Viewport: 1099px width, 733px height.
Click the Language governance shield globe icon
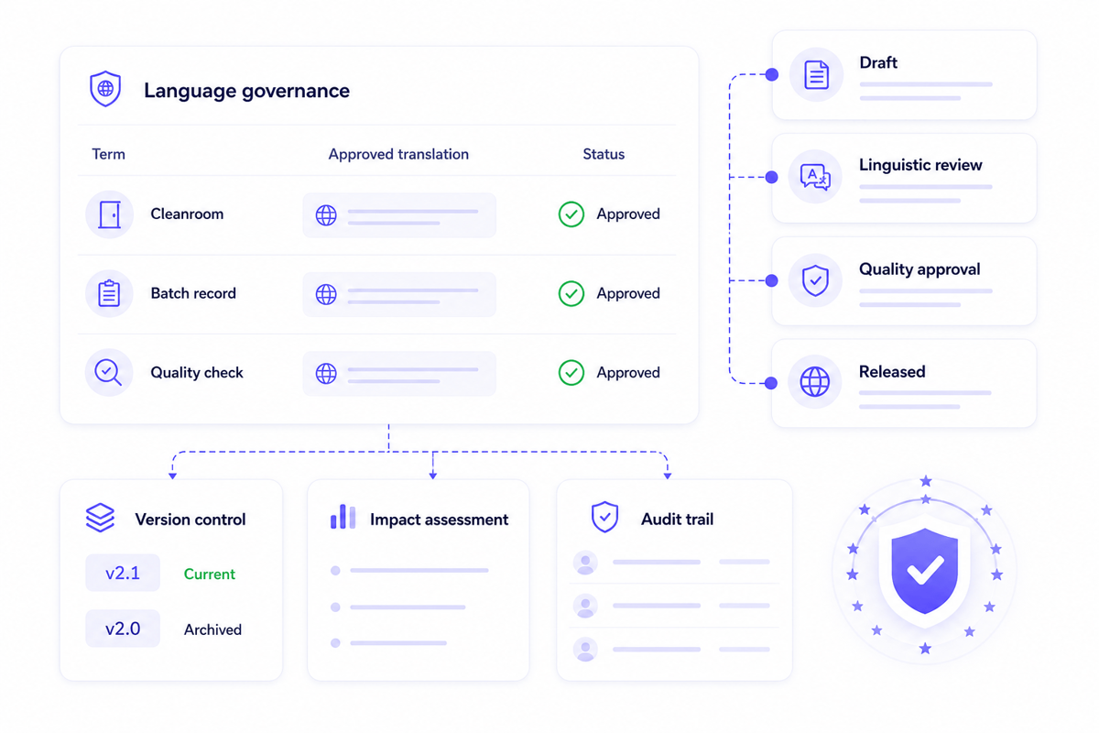(105, 88)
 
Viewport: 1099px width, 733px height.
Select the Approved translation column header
(398, 154)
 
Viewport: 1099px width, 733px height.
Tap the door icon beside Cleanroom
(109, 214)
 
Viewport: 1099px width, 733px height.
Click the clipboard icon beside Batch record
(109, 293)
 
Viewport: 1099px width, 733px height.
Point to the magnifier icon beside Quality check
(108, 372)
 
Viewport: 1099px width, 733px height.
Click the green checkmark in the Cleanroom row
(571, 214)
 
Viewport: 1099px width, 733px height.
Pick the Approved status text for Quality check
(628, 373)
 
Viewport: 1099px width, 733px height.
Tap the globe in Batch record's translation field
(326, 294)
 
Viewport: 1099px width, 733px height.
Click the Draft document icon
(816, 75)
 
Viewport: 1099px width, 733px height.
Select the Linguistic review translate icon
(815, 177)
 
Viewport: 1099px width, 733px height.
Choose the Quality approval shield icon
(815, 280)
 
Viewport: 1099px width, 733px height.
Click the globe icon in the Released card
(815, 381)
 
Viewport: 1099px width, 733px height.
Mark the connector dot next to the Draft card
(772, 74)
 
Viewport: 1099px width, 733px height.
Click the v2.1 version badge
(123, 573)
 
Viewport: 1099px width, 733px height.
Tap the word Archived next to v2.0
(212, 629)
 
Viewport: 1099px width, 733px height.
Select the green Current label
(210, 574)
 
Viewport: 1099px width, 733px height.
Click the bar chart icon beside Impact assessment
(343, 517)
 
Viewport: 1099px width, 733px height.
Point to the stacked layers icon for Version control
(100, 518)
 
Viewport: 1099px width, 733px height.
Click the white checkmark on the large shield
(925, 570)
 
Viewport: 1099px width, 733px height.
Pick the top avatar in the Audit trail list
(585, 563)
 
